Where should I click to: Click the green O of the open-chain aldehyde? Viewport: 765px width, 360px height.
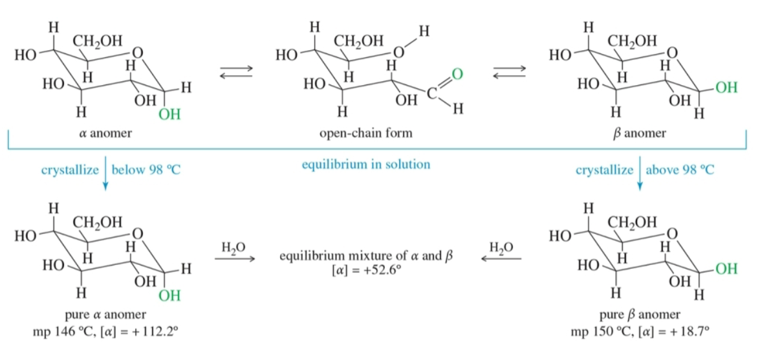458,74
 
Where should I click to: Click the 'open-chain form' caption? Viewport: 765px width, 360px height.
366,133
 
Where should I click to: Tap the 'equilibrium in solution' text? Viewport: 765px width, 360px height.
366,164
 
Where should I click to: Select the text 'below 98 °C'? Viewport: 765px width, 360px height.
146,169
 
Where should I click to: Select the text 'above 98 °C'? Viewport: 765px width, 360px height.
680,169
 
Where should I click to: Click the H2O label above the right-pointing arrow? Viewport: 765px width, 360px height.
233,248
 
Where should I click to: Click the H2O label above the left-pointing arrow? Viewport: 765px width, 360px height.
501,248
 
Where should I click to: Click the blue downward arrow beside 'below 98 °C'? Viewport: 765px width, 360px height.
106,173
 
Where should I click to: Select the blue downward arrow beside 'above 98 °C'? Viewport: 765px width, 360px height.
640,173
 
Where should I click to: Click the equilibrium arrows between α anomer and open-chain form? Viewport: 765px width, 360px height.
237,71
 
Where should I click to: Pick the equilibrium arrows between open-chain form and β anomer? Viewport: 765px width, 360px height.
510,71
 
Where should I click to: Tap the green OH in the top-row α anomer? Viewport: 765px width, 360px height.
170,114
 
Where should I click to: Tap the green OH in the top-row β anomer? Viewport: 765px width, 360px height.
727,88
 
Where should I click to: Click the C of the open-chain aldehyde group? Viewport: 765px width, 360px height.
432,93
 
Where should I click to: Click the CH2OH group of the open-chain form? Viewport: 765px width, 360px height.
359,42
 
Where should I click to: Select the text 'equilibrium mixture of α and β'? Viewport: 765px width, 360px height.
366,256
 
